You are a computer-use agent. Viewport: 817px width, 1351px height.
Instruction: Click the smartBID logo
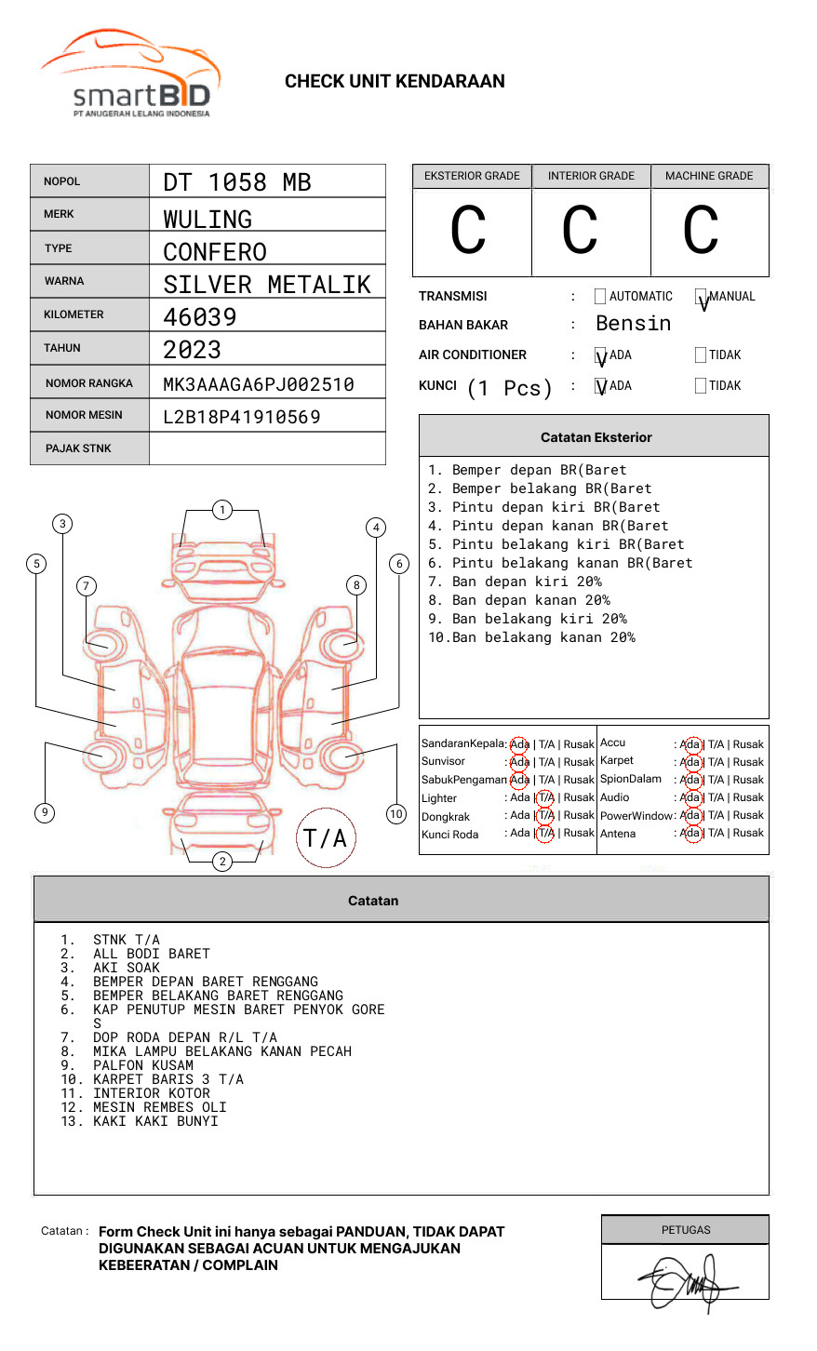coord(130,74)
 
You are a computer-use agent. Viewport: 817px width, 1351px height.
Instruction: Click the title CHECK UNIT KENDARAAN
coord(395,82)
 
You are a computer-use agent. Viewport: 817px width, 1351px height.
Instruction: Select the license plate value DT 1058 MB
coord(237,182)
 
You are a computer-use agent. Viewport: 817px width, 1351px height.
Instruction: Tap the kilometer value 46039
coord(200,317)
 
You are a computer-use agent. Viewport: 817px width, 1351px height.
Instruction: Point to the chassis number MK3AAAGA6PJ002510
coord(259,384)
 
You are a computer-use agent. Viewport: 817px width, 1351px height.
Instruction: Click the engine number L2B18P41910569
coord(242,417)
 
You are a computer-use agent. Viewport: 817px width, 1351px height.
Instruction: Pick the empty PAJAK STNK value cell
coord(267,448)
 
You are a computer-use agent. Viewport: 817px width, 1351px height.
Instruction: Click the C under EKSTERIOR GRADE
coord(468,231)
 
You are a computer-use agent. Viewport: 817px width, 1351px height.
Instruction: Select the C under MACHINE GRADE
coord(701,231)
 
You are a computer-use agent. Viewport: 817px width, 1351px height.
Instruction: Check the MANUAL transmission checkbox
coord(701,297)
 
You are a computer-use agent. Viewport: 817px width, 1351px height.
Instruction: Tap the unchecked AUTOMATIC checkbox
coord(600,297)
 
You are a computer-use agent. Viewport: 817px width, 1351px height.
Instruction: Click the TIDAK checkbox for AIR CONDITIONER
coord(701,355)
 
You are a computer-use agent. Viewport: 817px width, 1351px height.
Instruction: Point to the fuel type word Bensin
coord(634,324)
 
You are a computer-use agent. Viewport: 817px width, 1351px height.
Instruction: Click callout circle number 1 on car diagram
coord(221,510)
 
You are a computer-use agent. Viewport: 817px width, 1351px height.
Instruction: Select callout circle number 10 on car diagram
coord(396,814)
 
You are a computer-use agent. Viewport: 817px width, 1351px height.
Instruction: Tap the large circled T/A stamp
coord(326,838)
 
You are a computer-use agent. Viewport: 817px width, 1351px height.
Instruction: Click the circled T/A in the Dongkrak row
coord(545,815)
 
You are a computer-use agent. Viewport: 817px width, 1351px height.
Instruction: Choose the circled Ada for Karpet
coord(690,762)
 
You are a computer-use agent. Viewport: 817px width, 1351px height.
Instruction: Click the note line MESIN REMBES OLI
coord(159,1107)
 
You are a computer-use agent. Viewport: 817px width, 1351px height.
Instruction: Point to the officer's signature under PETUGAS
coord(686,1281)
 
